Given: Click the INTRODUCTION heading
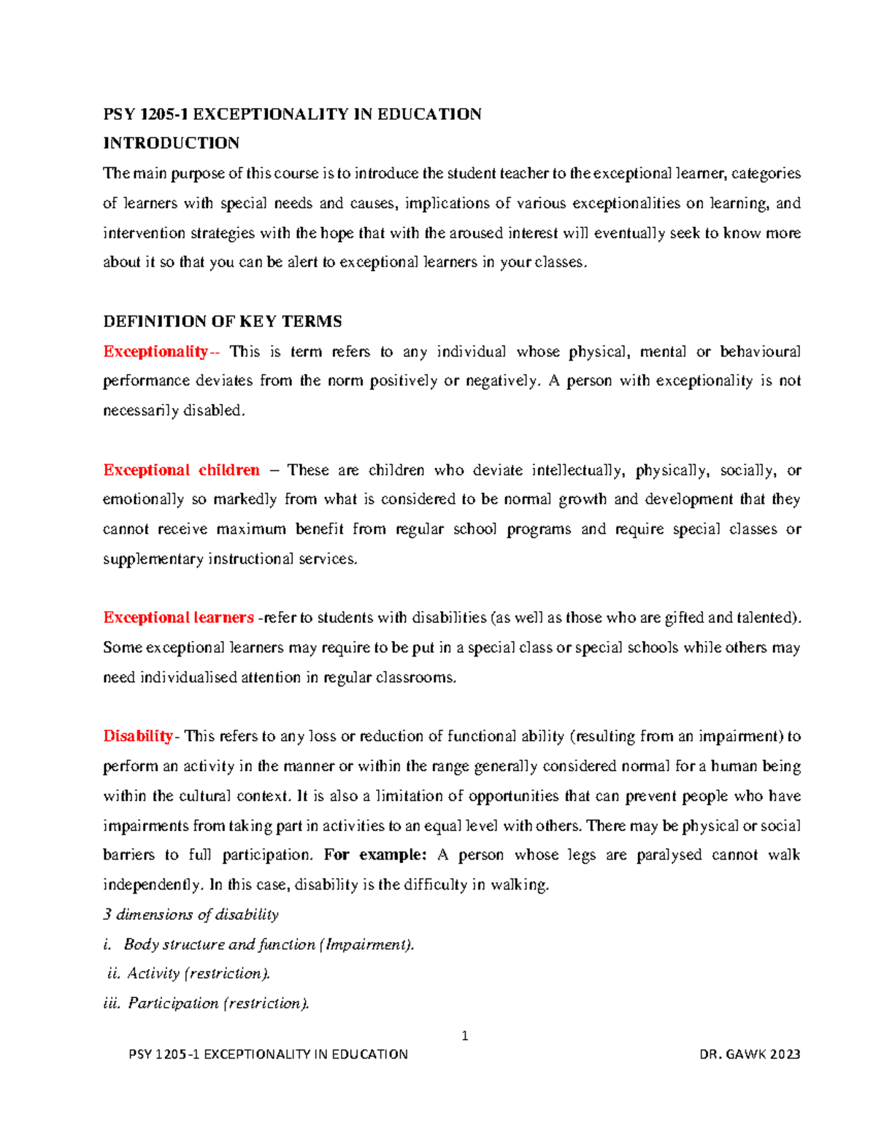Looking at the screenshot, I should [171, 143].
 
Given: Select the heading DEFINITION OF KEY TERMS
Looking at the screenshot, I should [223, 322].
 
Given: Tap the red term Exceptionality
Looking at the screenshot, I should [155, 352].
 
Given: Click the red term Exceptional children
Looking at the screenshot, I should [181, 470].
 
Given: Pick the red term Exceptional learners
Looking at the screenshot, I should [178, 618].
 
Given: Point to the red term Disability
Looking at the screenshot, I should [138, 736].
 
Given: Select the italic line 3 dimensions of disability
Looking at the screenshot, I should [191, 915].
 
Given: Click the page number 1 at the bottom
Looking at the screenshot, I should [464, 1035].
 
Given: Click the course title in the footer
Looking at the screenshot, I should [268, 1054].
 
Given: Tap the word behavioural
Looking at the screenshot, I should [760, 352].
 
